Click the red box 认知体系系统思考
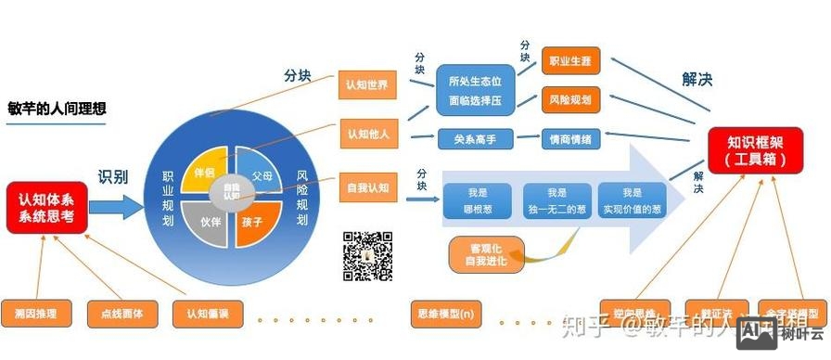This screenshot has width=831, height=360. pos(46,208)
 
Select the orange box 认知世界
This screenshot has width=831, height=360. pos(366,84)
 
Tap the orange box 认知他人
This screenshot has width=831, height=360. pos(366,134)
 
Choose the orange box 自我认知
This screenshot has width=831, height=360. pos(366,187)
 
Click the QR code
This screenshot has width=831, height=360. pos(368,256)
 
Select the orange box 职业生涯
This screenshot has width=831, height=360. pos(566,61)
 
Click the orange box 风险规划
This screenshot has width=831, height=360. pos(566,98)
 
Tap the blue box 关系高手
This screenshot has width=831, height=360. pos(476,139)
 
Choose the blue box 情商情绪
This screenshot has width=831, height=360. pos(571,139)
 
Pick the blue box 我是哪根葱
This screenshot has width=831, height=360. pos(477,200)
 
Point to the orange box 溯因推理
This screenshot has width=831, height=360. pos(35,313)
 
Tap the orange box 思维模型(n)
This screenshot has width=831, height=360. pos(446,313)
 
